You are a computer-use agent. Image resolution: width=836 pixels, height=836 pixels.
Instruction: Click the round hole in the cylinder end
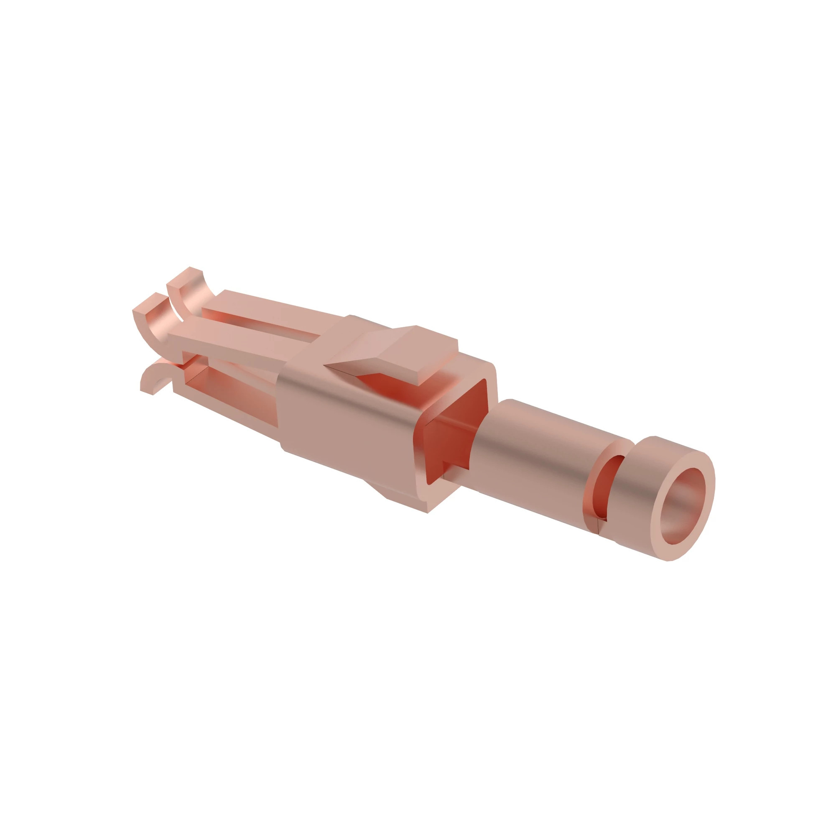683,505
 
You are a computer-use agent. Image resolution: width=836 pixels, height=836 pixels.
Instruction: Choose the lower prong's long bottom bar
225,407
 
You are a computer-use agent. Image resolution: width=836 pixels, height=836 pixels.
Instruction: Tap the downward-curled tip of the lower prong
149,381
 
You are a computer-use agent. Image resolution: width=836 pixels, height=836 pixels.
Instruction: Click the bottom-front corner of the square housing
426,511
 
